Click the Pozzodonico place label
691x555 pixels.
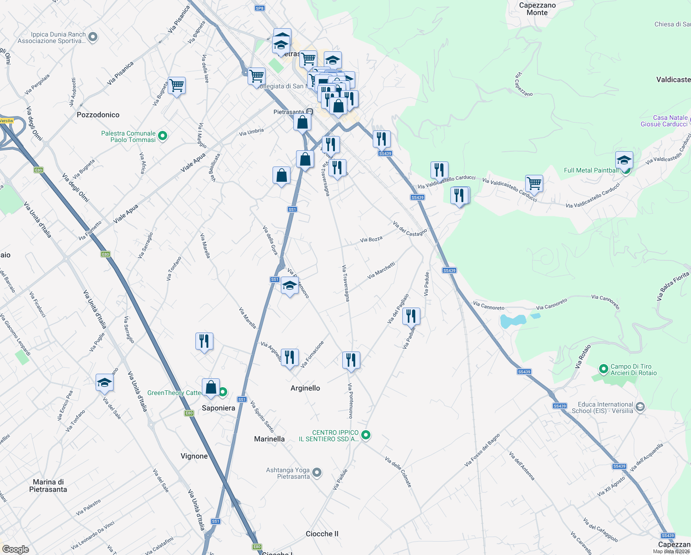tap(98, 115)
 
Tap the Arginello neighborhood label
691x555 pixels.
tap(305, 388)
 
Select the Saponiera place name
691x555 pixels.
tap(218, 408)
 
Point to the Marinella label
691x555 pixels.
tap(269, 439)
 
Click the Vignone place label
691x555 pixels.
tap(194, 456)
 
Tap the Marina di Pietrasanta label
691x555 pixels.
tap(48, 486)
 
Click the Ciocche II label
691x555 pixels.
tap(322, 534)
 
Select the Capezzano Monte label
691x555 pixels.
tap(537, 9)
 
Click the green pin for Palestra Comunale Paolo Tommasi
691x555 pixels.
tap(162, 136)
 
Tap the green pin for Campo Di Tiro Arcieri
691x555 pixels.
tap(603, 369)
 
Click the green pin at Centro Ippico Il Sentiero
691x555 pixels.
tap(365, 435)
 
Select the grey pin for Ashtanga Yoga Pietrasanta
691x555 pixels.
tap(317, 473)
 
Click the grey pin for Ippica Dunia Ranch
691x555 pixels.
tap(92, 37)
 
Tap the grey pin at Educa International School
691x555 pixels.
tap(640, 407)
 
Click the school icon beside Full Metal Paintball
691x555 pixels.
tap(624, 160)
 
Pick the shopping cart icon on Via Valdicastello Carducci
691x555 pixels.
tap(534, 183)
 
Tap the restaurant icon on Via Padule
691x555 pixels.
tap(411, 316)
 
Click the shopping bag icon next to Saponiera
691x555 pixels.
tap(211, 387)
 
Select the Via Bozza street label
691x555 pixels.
tap(371, 240)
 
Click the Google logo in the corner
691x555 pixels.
tap(15, 549)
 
